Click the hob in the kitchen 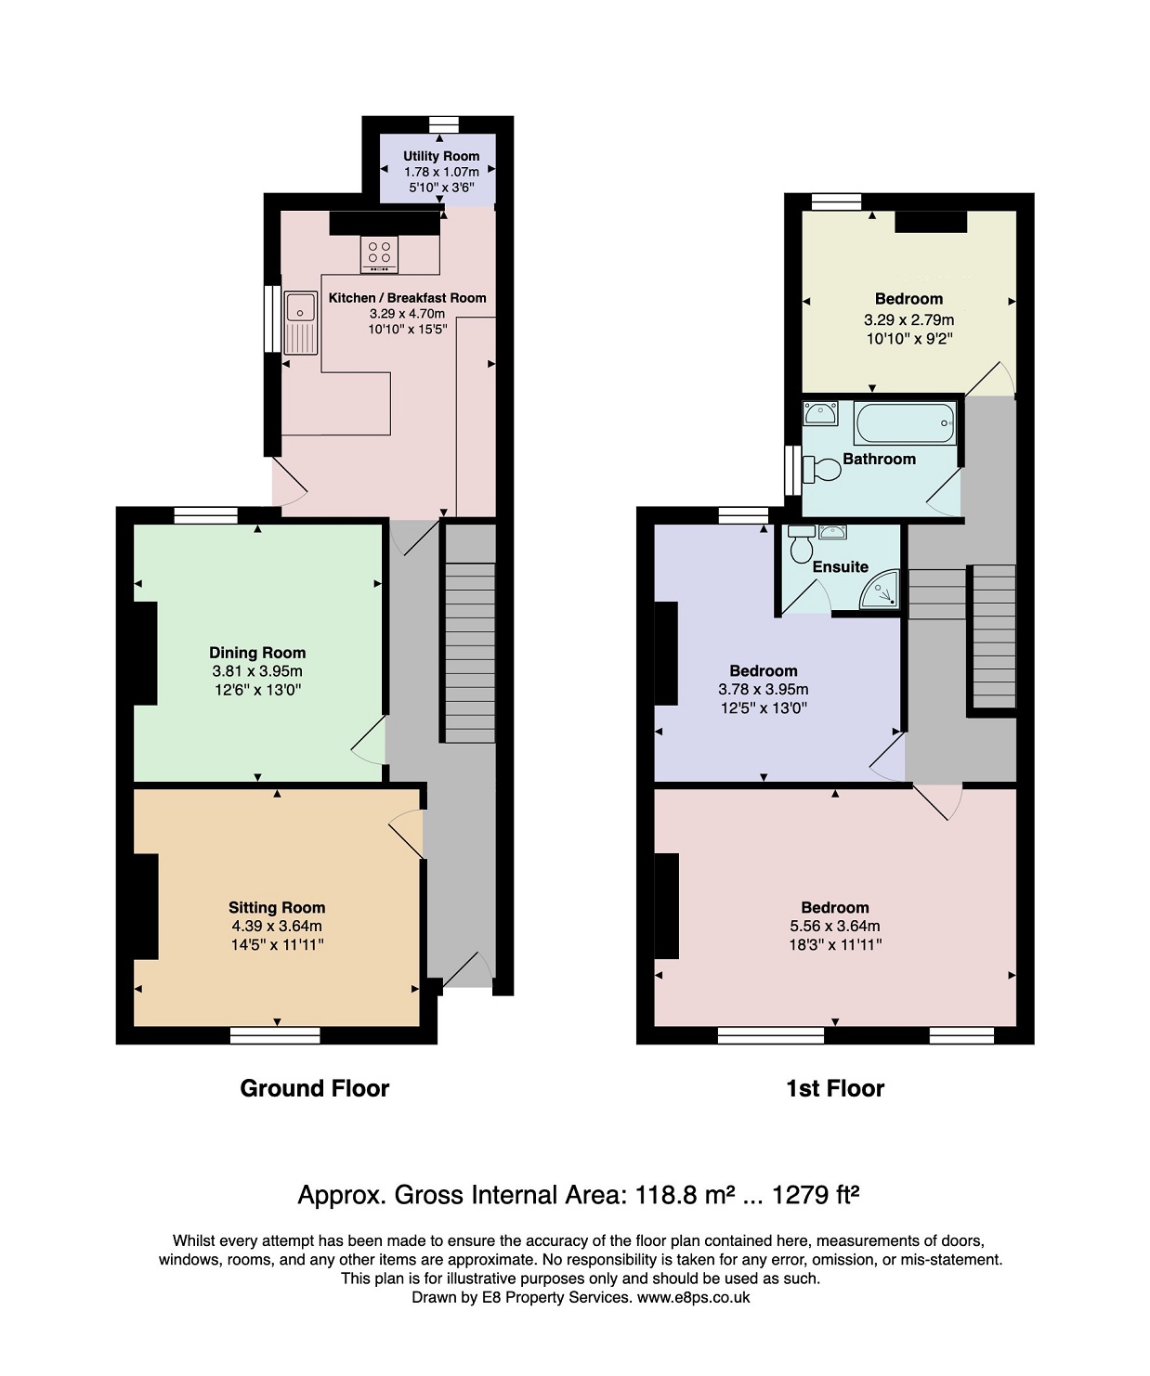(379, 253)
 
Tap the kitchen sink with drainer (301, 323)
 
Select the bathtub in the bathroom (905, 422)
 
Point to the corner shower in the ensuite (880, 590)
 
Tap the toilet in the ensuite (801, 544)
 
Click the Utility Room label (441, 156)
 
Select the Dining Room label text (257, 653)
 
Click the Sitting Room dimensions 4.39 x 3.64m (276, 926)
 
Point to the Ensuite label (840, 566)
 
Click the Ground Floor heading (315, 1088)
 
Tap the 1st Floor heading (835, 1088)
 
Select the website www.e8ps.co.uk (693, 1298)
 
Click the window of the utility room (443, 124)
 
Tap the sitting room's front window (275, 1035)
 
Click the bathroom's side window (792, 471)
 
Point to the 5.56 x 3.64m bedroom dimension (835, 926)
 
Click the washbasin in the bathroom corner (820, 413)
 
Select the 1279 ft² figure (815, 1195)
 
